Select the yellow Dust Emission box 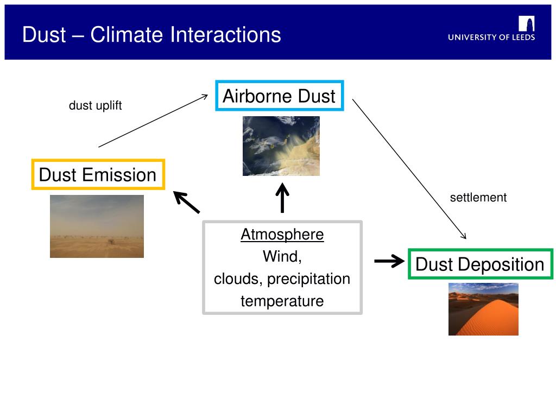point(98,161)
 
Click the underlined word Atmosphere point(282,235)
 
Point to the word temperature point(282,301)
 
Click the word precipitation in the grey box point(308,279)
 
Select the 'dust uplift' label point(95,105)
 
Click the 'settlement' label point(478,197)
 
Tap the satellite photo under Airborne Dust point(281,146)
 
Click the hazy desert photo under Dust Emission point(97,226)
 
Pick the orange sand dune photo point(483,309)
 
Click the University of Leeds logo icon point(527,24)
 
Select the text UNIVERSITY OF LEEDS point(491,37)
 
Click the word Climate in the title point(127,35)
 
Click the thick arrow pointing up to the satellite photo point(282,198)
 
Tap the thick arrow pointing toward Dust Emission point(187,202)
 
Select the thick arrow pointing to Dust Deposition point(389,261)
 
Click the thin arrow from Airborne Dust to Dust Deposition point(409,169)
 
